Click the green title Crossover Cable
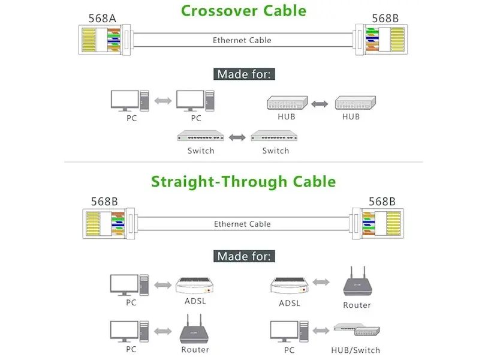(x=243, y=11)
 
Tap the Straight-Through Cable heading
(x=243, y=181)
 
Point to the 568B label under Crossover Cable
(x=385, y=18)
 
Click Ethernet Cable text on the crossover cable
(x=242, y=40)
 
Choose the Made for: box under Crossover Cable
(x=244, y=74)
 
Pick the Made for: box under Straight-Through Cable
(x=244, y=256)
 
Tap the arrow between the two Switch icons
(x=237, y=137)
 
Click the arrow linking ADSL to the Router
(x=321, y=282)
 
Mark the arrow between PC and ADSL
(x=162, y=284)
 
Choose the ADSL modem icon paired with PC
(x=194, y=284)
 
